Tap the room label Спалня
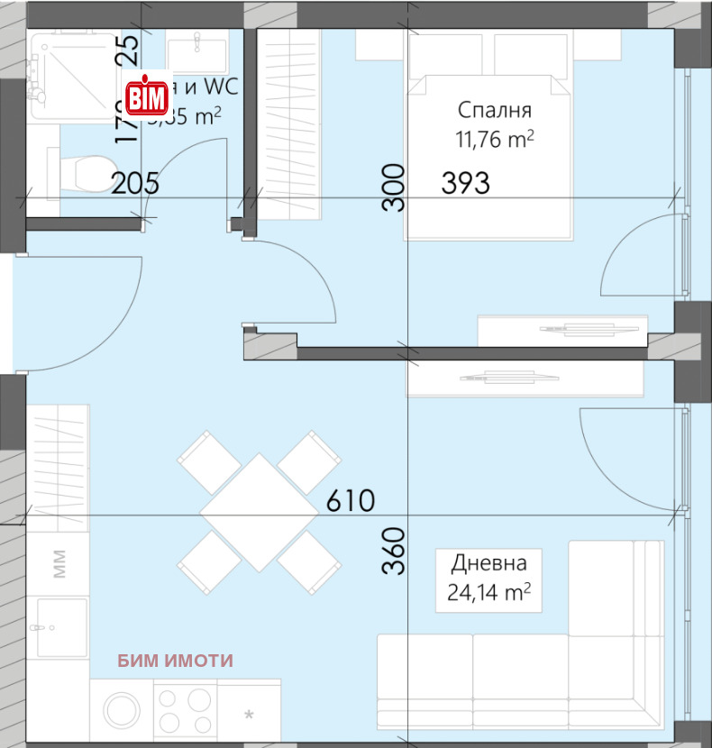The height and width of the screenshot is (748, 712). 494,111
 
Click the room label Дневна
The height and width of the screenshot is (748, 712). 488,564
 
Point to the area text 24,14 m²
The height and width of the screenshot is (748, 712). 488,592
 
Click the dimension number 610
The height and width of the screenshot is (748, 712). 350,500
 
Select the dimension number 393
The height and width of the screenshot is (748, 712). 465,183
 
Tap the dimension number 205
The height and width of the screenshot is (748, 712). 135,184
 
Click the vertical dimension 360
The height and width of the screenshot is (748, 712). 392,551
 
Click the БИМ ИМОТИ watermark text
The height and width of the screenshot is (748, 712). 175,661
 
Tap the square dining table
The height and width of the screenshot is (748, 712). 259,511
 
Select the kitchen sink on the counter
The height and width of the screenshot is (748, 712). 61,627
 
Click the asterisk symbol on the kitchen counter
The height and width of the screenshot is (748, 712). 249,715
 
